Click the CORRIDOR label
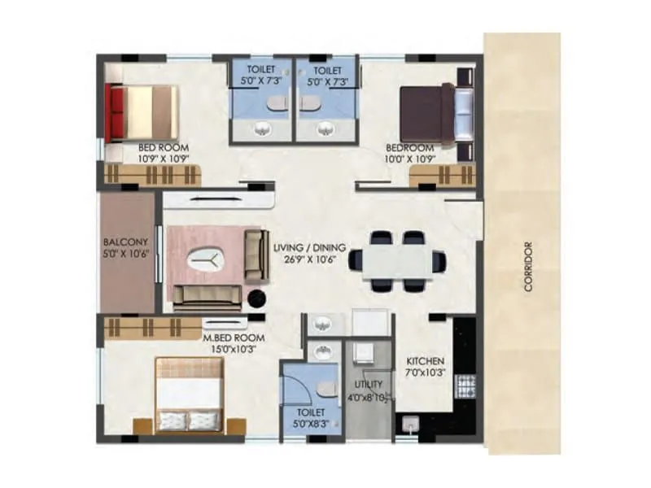point(528,267)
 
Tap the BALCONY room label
point(125,242)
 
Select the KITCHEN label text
point(425,361)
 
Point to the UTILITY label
point(363,383)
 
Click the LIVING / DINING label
point(310,247)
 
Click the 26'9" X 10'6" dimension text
point(310,260)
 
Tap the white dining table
point(398,262)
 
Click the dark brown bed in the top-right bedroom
point(429,114)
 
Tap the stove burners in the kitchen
point(467,385)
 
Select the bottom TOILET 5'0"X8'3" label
point(310,418)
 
